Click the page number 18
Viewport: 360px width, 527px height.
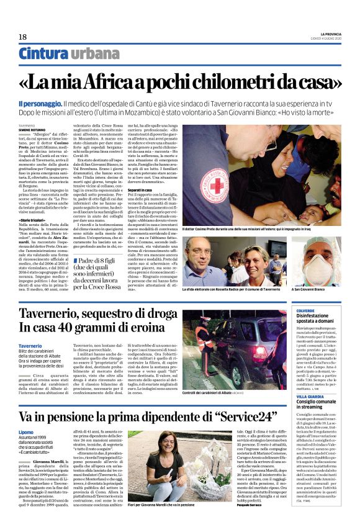click(x=22, y=37)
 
